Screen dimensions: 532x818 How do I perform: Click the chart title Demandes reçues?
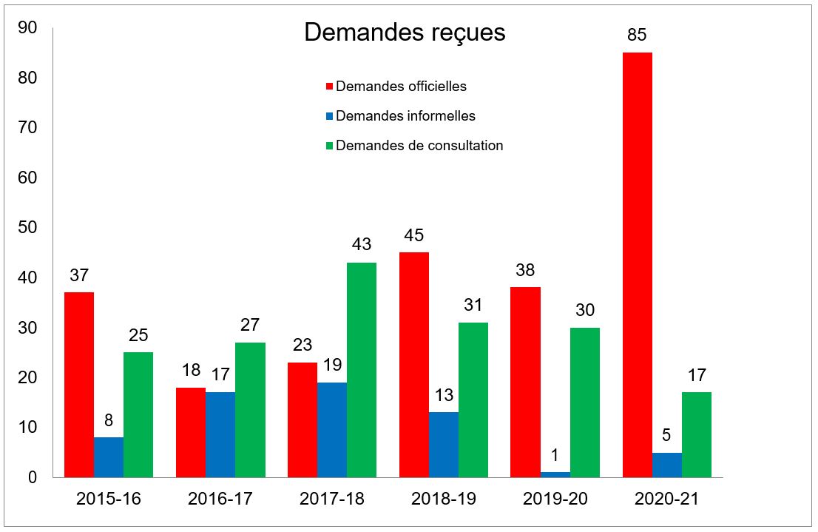(x=405, y=33)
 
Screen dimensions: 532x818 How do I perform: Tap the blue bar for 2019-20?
(x=555, y=474)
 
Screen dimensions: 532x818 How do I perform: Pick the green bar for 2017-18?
(x=361, y=370)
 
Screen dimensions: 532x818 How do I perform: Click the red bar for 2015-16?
(x=79, y=385)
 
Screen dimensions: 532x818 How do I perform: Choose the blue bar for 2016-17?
(x=220, y=435)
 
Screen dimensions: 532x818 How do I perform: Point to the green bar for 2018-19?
(x=473, y=400)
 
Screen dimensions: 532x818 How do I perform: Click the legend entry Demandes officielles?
(x=401, y=86)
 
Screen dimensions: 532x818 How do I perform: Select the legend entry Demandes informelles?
(x=405, y=115)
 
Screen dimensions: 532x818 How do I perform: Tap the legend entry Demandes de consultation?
(x=419, y=145)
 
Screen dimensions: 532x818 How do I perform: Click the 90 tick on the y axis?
(x=27, y=27)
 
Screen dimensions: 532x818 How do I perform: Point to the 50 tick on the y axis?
(x=27, y=228)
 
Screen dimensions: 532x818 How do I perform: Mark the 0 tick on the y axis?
(x=33, y=478)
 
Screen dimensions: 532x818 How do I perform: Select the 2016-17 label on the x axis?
(x=220, y=499)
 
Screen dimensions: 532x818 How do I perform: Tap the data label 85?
(x=637, y=35)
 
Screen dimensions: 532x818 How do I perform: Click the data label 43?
(x=361, y=244)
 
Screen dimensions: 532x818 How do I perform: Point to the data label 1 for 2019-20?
(x=555, y=453)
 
